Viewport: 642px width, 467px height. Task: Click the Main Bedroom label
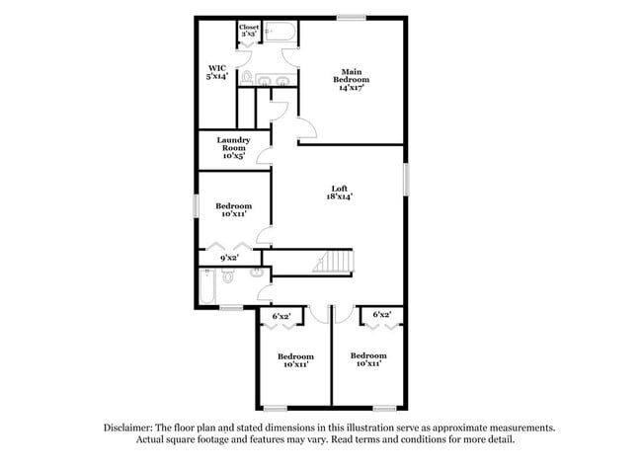[351, 79]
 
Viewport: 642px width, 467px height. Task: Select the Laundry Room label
[233, 148]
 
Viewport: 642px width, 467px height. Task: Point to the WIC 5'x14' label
[217, 72]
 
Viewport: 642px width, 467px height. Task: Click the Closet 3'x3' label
[249, 31]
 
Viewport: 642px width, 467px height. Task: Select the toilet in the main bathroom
[247, 77]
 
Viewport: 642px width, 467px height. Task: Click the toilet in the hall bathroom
[228, 275]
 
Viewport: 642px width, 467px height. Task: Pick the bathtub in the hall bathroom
[205, 287]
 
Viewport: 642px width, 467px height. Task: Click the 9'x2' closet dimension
[228, 258]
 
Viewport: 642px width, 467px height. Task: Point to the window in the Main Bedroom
[351, 18]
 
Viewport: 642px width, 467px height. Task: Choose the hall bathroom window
[231, 309]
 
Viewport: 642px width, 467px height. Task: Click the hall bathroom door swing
[264, 292]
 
